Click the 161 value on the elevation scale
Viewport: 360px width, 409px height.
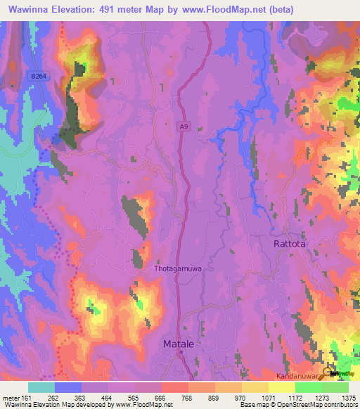pyautogui.click(x=27, y=398)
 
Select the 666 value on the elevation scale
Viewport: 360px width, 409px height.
pyautogui.click(x=162, y=398)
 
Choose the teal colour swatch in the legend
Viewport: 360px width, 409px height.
pyautogui.click(x=41, y=387)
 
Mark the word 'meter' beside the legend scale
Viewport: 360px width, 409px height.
pyautogui.click(x=11, y=398)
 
